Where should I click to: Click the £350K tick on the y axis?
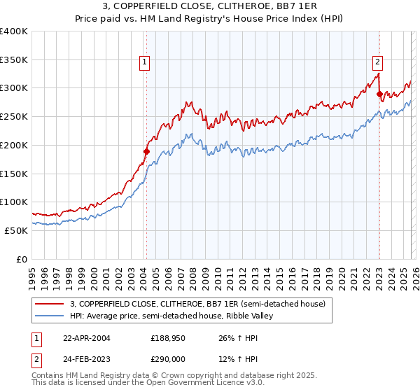click(14, 59)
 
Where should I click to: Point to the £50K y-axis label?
click(15, 230)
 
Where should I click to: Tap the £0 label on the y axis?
click(21, 259)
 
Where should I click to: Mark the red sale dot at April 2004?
click(147, 150)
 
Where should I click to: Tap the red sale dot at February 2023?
click(379, 93)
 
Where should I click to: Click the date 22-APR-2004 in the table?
click(86, 337)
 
